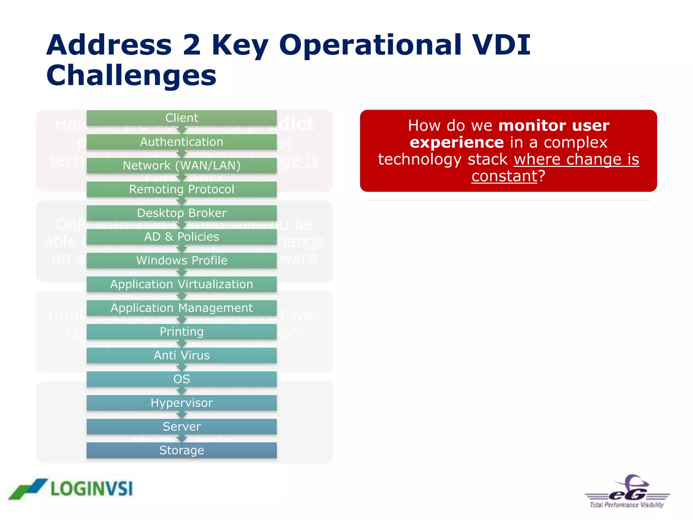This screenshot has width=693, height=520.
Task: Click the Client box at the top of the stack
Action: (182, 118)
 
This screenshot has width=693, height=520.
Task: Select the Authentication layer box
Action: (182, 142)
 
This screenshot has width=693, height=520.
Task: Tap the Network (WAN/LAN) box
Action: (182, 166)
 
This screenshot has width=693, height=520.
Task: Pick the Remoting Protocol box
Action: (182, 189)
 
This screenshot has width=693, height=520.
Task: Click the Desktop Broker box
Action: (182, 213)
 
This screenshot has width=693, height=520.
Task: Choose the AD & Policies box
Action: (182, 237)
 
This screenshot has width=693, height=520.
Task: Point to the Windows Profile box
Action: (182, 260)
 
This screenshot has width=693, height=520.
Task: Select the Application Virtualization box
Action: (182, 284)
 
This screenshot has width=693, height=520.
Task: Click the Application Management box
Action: (182, 308)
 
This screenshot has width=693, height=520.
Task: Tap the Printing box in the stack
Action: (182, 331)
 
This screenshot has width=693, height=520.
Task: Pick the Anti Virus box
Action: (182, 355)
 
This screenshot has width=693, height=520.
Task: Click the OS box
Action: (182, 379)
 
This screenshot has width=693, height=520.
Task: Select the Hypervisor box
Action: (182, 403)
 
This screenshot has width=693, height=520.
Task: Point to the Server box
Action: (182, 426)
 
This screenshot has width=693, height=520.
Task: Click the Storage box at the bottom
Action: (182, 450)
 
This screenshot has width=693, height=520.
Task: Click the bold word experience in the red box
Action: (457, 142)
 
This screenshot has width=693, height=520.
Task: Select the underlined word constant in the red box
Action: (504, 176)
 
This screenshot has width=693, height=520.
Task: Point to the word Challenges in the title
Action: (131, 75)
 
